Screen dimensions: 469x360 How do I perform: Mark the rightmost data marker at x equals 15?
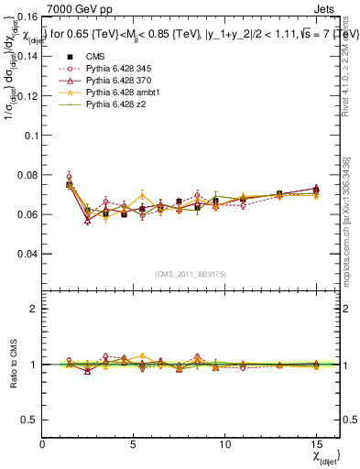coord(316,190)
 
